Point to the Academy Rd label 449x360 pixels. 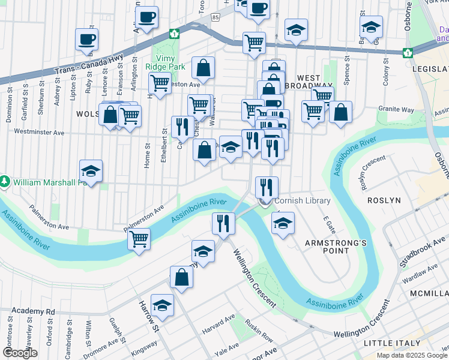point(32,311)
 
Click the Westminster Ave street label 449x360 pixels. point(38,131)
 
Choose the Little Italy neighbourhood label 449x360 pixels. point(393,343)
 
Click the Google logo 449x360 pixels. point(20,353)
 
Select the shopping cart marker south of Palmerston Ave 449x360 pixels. point(139,239)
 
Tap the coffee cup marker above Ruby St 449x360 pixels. point(87,40)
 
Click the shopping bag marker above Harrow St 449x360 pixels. point(181,278)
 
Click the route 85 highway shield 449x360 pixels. point(215,18)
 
